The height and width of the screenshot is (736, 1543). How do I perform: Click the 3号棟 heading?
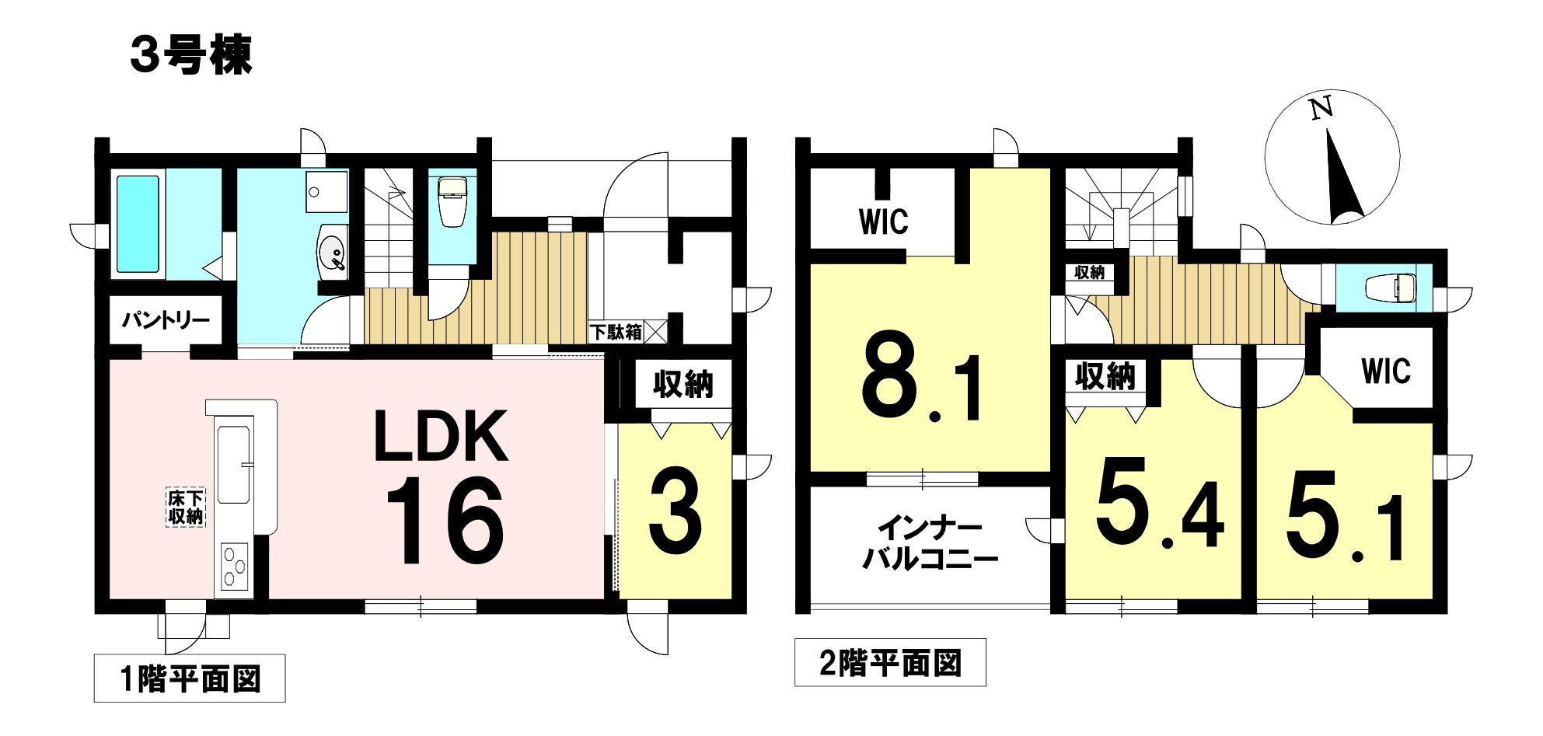(x=191, y=56)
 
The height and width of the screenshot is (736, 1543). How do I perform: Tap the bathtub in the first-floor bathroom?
(x=138, y=224)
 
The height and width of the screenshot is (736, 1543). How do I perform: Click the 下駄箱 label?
(x=616, y=332)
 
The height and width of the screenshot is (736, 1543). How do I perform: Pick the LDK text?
(x=441, y=437)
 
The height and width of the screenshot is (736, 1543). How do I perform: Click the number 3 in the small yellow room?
(x=675, y=514)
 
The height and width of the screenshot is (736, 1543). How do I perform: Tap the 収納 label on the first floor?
(x=683, y=384)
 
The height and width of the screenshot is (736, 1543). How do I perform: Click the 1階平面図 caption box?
(x=190, y=678)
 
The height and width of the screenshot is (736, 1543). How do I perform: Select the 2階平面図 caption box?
(x=890, y=663)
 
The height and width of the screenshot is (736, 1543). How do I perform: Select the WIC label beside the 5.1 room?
(x=1386, y=371)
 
